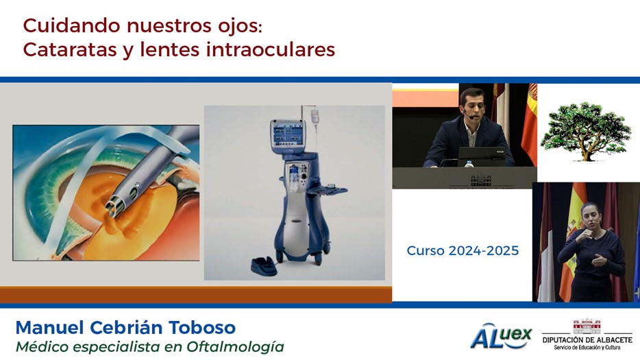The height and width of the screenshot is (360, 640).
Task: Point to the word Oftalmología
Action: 236,347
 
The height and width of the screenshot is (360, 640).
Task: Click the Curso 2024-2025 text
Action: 463,250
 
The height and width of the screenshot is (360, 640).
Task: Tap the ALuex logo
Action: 501,336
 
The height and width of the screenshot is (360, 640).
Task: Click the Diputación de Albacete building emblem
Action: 587,326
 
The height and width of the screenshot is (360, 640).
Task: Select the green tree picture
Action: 585,131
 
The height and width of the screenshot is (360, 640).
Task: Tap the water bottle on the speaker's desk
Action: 469,163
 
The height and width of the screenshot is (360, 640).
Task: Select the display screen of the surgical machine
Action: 288,134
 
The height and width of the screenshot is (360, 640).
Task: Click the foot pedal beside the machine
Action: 264,266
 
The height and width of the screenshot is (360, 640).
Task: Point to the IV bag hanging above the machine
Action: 314,116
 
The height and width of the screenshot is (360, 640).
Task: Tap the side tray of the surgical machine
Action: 328,190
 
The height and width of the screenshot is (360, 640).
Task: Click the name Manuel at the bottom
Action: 50,328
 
